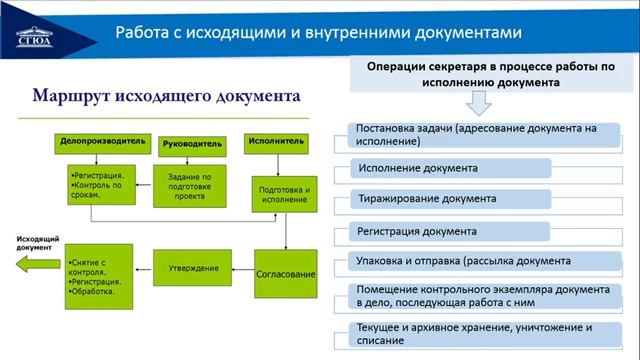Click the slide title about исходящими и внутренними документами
pyautogui.click(x=319, y=32)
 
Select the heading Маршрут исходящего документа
pyautogui.click(x=166, y=97)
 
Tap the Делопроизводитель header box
pyautogui.click(x=102, y=143)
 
